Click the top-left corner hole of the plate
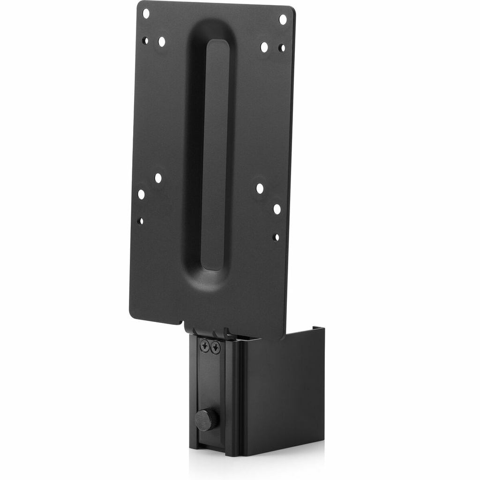[146, 14]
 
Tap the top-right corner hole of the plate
[283, 20]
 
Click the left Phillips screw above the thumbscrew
[205, 347]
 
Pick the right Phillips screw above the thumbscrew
[215, 348]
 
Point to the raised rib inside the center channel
[214, 155]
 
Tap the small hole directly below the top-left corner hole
[145, 41]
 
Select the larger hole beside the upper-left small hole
[162, 42]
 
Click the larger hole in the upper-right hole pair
[264, 47]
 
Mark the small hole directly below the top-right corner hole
[282, 48]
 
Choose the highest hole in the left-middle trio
[158, 178]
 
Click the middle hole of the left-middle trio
[141, 194]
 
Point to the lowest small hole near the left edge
[140, 220]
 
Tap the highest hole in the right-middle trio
[260, 188]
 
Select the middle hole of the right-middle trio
[277, 209]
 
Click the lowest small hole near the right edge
[276, 237]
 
